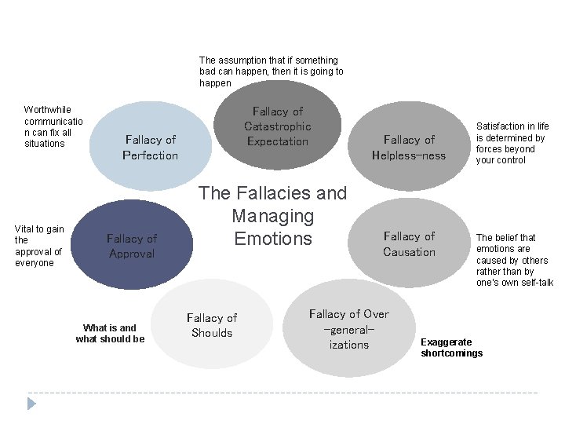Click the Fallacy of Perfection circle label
(x=151, y=148)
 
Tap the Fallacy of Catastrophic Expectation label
(x=278, y=126)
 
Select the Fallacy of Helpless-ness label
(x=409, y=148)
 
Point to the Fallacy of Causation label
(x=409, y=244)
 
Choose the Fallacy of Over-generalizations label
(x=349, y=329)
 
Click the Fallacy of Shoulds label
(x=212, y=325)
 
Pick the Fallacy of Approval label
(x=132, y=246)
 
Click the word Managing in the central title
(x=272, y=216)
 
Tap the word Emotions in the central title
(x=273, y=239)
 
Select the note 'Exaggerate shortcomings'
(x=452, y=347)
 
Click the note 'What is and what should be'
(x=110, y=333)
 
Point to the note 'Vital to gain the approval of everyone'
(x=39, y=246)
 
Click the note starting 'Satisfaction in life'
(x=512, y=143)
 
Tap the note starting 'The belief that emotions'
(x=514, y=260)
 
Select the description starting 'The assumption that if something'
(x=271, y=71)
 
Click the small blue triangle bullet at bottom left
(x=32, y=404)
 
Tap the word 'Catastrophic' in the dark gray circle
(x=278, y=126)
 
